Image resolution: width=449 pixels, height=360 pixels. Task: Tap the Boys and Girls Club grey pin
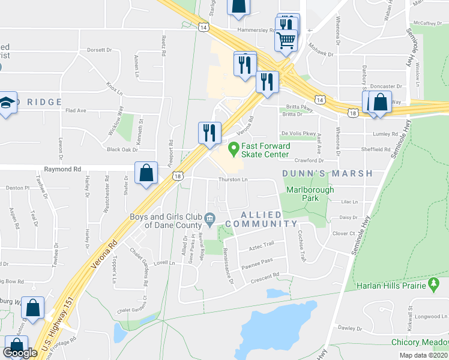click(x=209, y=218)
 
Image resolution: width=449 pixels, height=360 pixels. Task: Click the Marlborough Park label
click(x=310, y=194)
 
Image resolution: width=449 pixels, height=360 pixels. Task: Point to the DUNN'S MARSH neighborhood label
click(x=327, y=173)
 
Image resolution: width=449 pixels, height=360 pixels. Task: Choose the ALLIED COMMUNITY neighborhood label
click(x=269, y=219)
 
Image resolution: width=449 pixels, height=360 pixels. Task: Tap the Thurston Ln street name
click(x=232, y=179)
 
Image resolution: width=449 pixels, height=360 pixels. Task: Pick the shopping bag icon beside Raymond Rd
click(x=146, y=173)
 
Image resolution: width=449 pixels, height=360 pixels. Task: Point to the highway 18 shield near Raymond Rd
click(x=177, y=175)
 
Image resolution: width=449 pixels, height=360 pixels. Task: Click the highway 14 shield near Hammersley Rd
click(x=204, y=28)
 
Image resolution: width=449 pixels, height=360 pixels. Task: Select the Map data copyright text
click(x=423, y=355)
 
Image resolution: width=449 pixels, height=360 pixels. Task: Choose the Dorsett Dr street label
click(x=100, y=50)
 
